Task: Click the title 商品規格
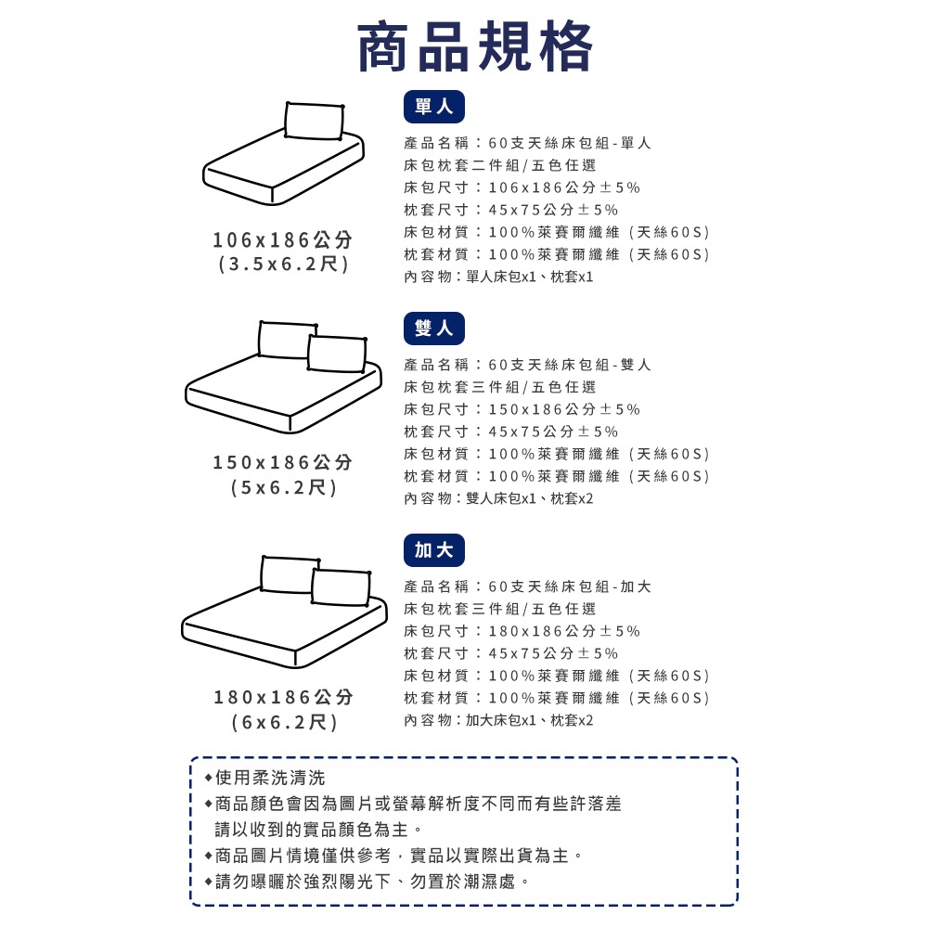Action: (475, 46)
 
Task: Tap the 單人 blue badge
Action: (434, 108)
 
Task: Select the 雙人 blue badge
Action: (434, 329)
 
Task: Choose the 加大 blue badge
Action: (434, 550)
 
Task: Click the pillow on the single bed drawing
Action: (314, 122)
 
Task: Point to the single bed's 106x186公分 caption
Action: (283, 240)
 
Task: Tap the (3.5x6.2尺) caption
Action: (283, 264)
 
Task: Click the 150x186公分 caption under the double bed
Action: (283, 462)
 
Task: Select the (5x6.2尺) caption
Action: (283, 487)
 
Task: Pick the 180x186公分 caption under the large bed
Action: (283, 697)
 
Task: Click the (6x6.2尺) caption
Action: (283, 722)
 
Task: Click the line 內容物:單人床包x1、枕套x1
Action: (498, 277)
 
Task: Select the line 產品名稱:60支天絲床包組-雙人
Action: (527, 365)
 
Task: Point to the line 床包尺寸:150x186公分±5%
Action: (522, 409)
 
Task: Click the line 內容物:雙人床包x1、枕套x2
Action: (498, 498)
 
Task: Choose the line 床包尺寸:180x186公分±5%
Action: (522, 631)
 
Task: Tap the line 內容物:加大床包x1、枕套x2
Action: (498, 720)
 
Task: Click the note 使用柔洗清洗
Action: (269, 778)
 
